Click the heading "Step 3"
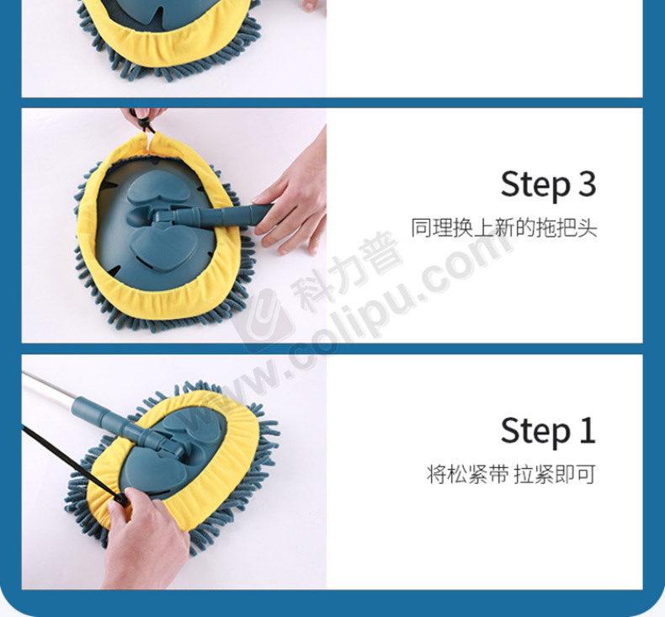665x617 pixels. [548, 184]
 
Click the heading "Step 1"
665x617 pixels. [548, 430]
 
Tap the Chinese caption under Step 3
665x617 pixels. [504, 228]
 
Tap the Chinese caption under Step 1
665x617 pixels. [511, 474]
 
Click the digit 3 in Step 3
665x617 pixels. [587, 184]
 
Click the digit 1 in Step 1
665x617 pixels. [588, 430]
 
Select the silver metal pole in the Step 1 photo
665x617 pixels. [50, 387]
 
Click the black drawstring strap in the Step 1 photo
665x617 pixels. [72, 464]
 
